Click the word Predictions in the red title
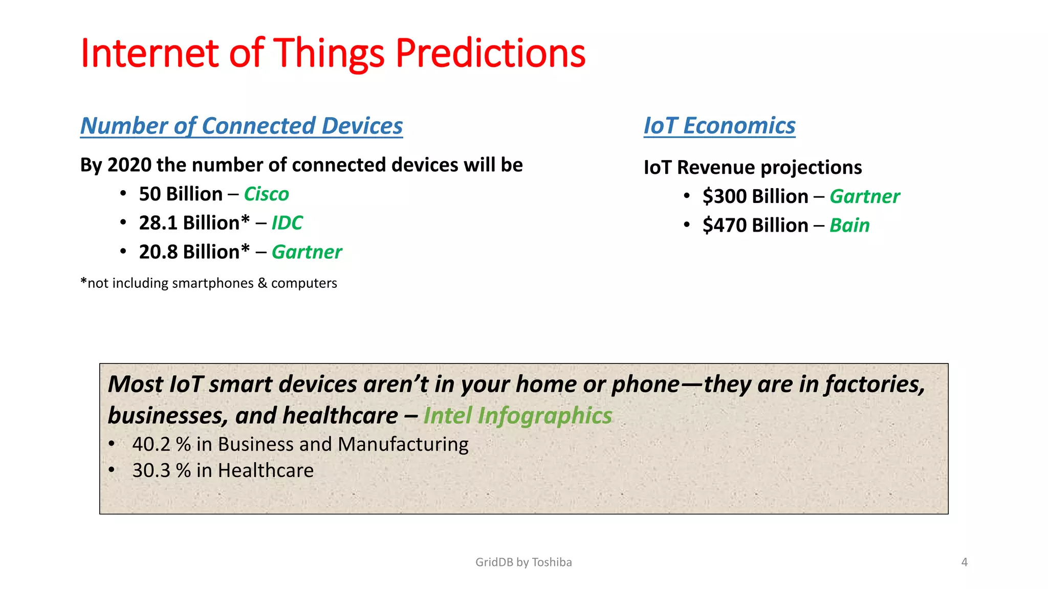point(490,54)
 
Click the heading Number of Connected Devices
point(242,126)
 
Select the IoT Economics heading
point(719,126)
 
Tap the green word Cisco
point(266,194)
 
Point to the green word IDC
point(287,223)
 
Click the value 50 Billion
point(181,194)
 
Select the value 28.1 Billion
point(193,223)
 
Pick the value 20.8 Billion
point(193,252)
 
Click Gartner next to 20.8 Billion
point(307,252)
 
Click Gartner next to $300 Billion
point(864,196)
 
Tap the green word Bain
point(849,225)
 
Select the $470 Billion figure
point(755,225)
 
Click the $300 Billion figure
point(755,196)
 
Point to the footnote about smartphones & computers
point(209,283)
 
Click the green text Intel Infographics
point(517,416)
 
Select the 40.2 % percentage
point(161,444)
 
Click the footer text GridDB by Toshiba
point(523,562)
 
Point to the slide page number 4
point(964,562)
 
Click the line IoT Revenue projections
point(752,168)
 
